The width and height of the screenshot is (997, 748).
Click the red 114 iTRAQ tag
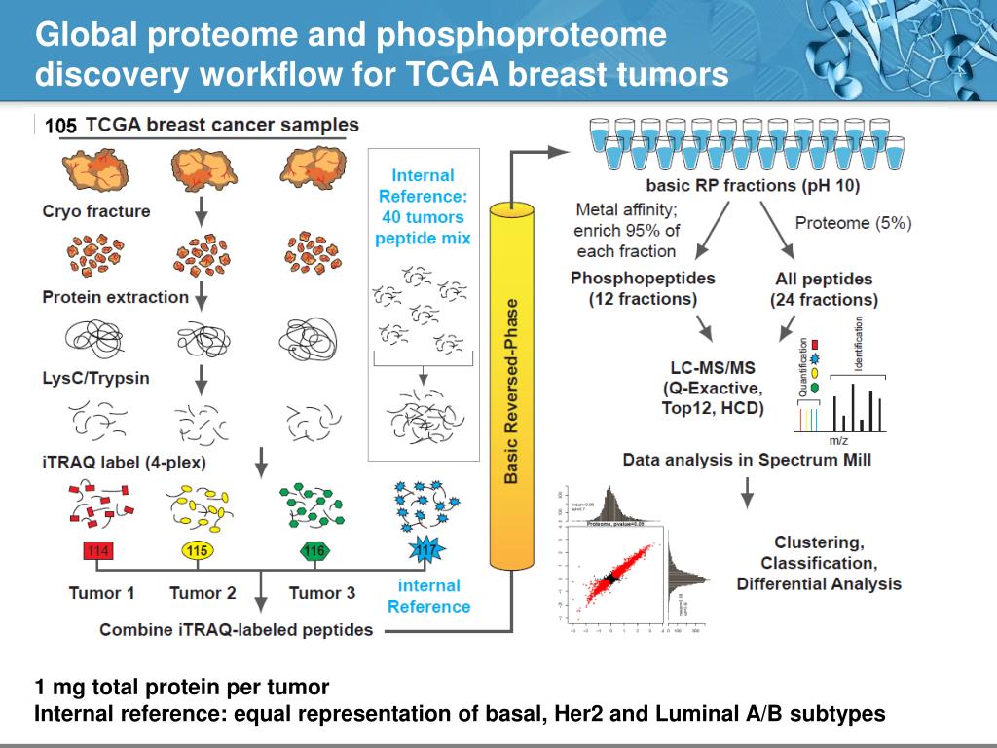click(98, 552)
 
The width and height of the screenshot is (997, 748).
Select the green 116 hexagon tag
click(314, 551)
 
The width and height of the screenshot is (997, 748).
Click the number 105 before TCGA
click(60, 126)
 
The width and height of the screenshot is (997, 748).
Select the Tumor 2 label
click(203, 593)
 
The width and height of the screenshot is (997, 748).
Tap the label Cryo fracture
click(96, 211)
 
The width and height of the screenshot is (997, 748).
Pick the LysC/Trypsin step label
click(95, 377)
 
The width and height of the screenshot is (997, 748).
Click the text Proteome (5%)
click(853, 223)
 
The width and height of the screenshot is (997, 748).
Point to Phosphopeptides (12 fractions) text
click(643, 289)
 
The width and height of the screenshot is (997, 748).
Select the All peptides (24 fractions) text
click(824, 289)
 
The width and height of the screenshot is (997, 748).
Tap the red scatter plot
click(610, 579)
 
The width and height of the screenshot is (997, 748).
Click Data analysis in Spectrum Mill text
click(748, 460)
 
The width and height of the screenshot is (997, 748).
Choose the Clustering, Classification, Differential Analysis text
click(819, 563)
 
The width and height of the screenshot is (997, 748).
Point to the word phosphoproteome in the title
click(521, 35)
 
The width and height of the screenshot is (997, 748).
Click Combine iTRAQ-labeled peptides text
click(237, 630)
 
